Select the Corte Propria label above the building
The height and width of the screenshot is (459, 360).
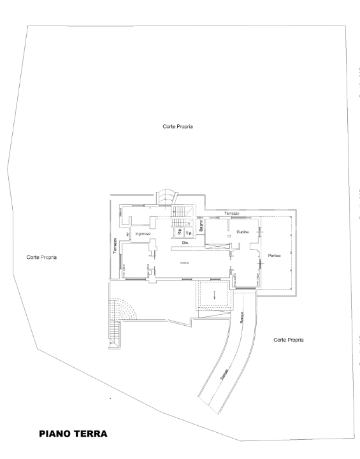(178, 127)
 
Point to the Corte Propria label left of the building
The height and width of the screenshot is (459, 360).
(42, 258)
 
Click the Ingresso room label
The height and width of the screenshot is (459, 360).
(143, 235)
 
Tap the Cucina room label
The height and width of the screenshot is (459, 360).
(241, 232)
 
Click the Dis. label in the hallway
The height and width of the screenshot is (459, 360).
(186, 243)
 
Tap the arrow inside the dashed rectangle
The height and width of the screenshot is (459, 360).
(215, 295)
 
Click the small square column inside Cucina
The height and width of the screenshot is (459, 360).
(227, 237)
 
